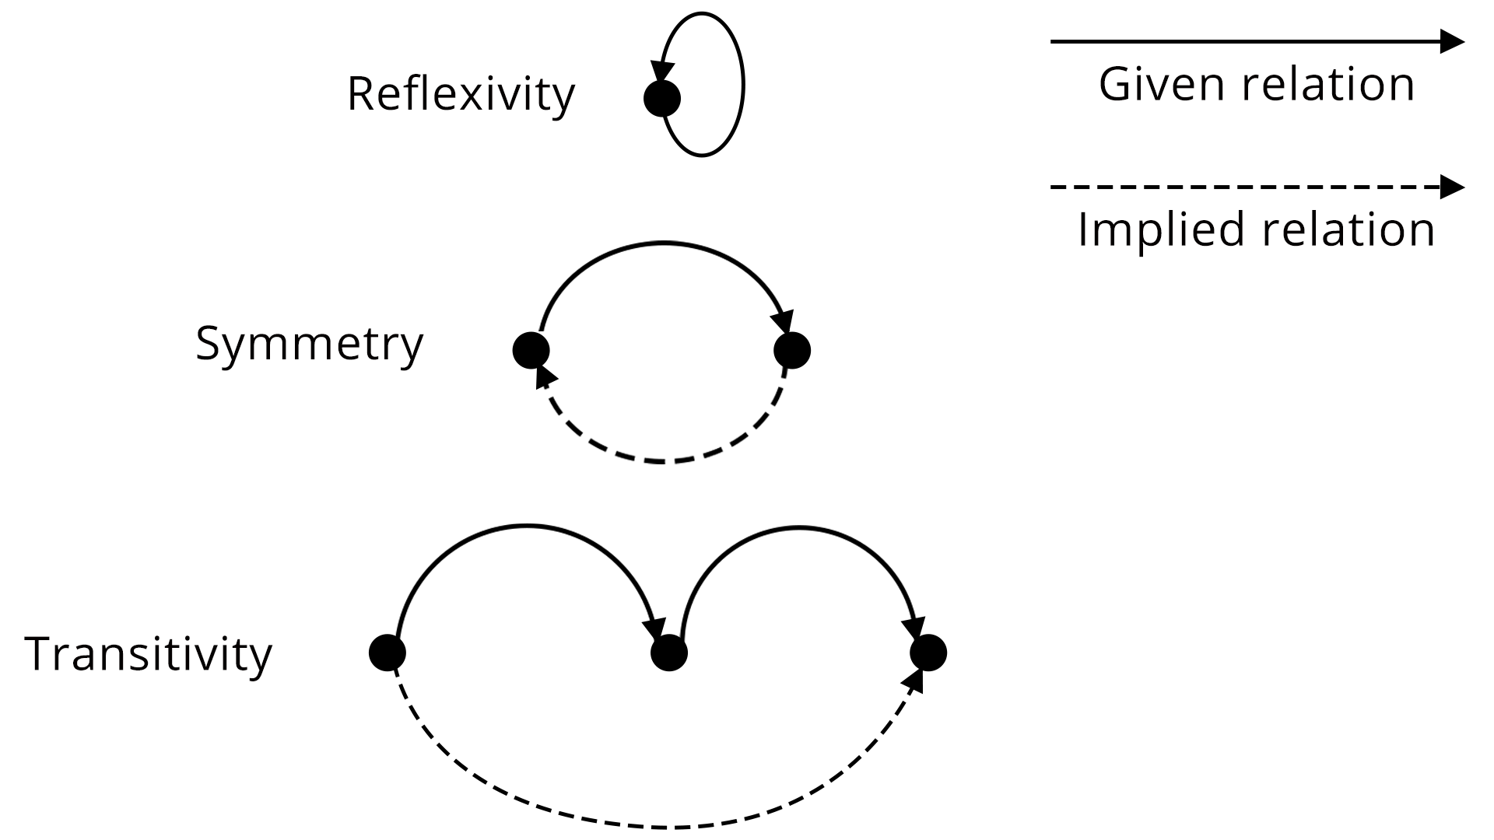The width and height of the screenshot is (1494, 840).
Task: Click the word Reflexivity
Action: coord(461,95)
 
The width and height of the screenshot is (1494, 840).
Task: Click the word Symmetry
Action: coord(309,344)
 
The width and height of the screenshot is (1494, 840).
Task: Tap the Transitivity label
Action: coord(149,654)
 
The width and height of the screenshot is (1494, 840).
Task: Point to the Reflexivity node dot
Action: coord(662,99)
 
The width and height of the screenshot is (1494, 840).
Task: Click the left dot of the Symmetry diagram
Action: coord(531,350)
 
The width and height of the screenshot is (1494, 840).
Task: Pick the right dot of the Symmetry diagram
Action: coord(792,350)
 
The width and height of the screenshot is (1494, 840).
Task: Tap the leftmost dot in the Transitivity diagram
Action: coord(388,653)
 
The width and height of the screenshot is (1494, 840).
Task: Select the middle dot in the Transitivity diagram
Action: coord(669,653)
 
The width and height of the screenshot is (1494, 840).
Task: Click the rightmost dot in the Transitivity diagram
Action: coord(928,653)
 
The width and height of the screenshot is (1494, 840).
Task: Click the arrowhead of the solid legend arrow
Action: coord(1452,41)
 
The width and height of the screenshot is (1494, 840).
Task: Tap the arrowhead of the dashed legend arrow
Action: coord(1452,187)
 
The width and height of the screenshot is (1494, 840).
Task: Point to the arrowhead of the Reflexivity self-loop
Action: coord(664,72)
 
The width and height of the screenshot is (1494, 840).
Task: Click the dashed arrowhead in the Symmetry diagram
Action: coord(546,377)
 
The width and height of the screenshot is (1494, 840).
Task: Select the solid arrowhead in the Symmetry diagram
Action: coord(782,322)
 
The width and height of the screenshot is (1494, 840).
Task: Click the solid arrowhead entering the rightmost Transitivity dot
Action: coord(914,626)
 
